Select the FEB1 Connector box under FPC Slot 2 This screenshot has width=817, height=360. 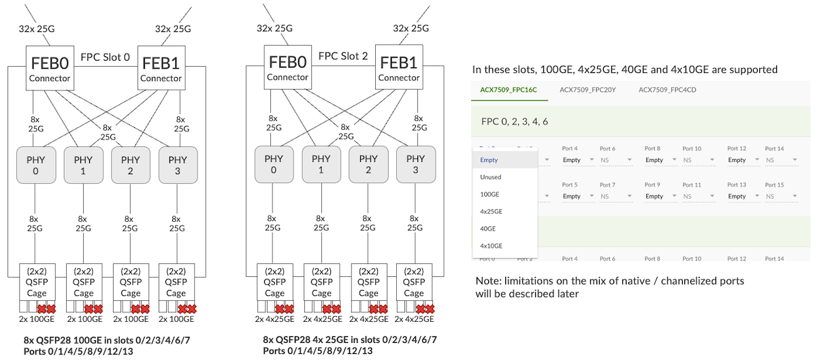click(x=399, y=67)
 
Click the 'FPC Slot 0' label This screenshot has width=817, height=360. click(x=105, y=56)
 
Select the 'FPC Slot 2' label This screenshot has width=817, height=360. click(x=342, y=56)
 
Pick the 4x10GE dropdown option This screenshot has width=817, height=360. click(x=491, y=246)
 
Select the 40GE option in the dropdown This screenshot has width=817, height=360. click(x=487, y=229)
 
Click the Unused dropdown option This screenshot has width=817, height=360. click(x=490, y=177)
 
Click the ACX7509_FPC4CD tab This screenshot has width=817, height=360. click(x=667, y=89)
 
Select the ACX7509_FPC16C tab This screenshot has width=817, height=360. click(x=509, y=89)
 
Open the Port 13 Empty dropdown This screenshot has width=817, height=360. click(x=741, y=196)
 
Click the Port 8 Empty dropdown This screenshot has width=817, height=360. click(x=658, y=160)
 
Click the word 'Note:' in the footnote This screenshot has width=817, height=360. click(x=489, y=280)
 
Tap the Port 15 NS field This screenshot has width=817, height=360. click(x=780, y=196)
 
